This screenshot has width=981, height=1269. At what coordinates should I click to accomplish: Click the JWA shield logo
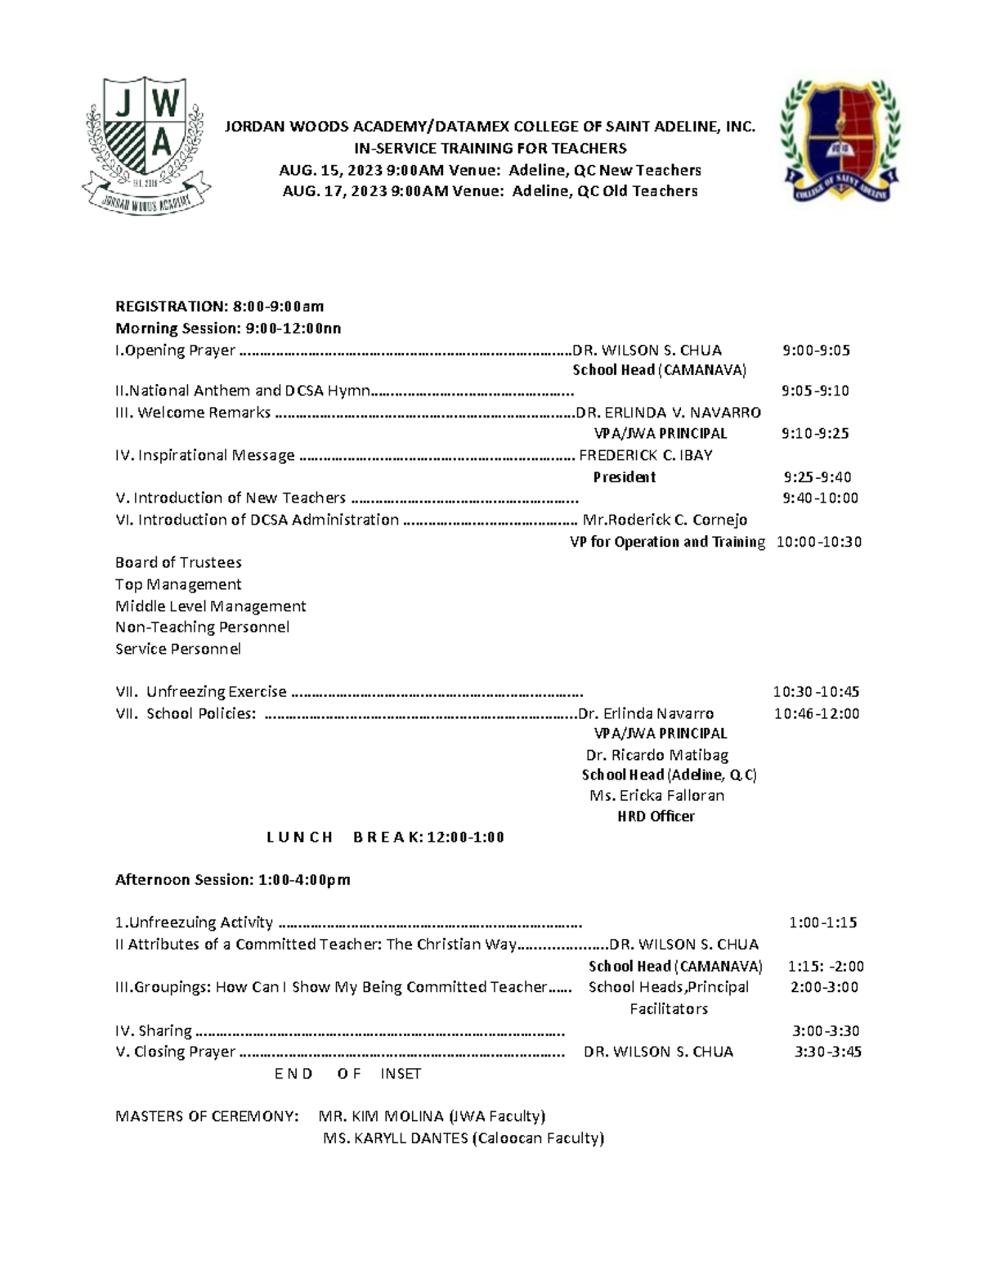[146, 145]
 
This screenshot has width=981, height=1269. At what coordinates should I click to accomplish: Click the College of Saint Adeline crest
[840, 141]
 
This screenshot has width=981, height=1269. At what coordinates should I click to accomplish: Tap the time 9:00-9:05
[816, 351]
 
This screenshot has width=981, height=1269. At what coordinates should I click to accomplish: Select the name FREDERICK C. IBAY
[646, 455]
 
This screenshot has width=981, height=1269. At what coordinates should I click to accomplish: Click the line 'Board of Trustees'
[178, 562]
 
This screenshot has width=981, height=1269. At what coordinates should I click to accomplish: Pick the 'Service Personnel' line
[178, 649]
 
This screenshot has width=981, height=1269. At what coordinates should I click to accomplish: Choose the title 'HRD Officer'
[656, 816]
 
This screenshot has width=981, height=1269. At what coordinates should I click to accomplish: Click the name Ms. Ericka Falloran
[656, 795]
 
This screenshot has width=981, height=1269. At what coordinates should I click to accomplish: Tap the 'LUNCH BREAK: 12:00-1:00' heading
[385, 837]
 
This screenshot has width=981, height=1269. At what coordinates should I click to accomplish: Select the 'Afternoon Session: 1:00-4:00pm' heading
[232, 880]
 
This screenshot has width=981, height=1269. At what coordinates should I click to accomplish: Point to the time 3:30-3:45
[828, 1052]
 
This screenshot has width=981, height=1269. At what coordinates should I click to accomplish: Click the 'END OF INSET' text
[348, 1074]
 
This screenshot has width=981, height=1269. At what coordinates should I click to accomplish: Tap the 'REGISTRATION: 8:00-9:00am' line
[219, 306]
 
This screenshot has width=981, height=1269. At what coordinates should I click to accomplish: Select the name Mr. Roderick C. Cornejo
[665, 520]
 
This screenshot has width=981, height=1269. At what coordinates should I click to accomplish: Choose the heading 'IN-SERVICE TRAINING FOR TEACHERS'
[490, 148]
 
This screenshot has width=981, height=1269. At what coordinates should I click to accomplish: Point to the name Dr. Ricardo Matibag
[657, 755]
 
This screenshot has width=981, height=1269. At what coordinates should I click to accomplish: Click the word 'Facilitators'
[669, 1009]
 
